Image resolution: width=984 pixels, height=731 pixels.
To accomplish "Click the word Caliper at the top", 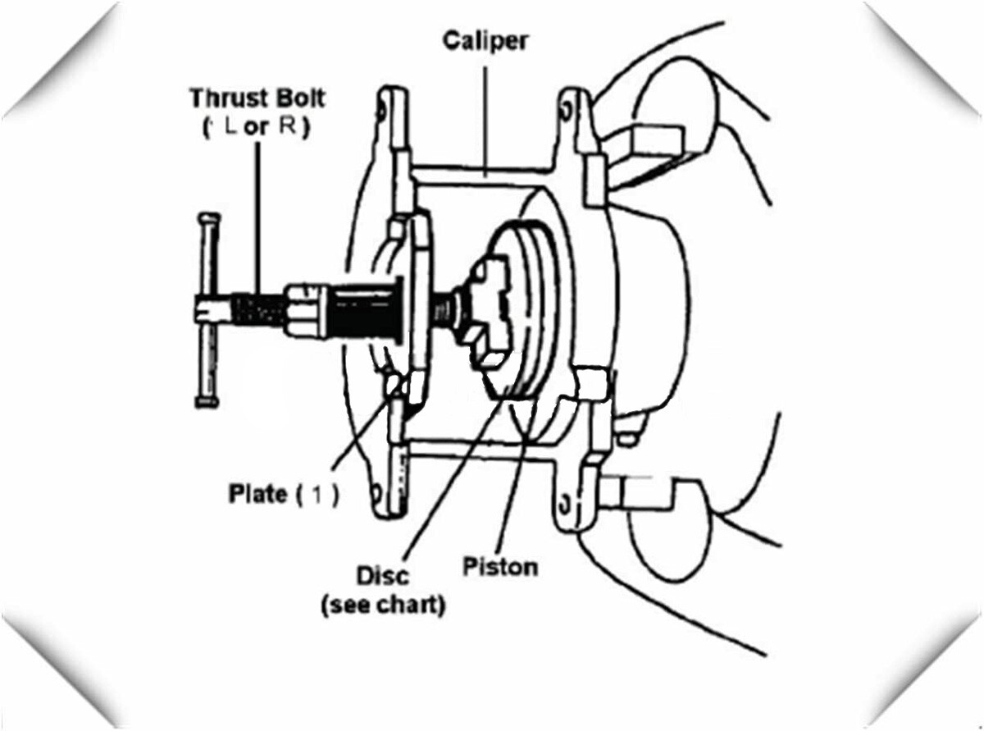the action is click(x=485, y=42).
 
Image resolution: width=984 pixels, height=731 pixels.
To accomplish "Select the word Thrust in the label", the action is click(x=225, y=98).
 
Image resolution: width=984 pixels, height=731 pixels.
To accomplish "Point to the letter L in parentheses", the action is click(x=230, y=127).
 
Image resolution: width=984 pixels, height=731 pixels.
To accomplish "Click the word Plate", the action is click(x=257, y=494).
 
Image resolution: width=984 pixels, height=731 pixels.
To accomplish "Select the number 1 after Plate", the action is click(x=317, y=495).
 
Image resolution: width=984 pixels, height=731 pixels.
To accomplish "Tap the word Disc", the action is click(x=382, y=575).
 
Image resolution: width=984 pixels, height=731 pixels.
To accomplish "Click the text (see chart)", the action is click(x=383, y=605).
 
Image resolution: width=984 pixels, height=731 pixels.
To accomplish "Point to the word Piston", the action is click(x=500, y=567).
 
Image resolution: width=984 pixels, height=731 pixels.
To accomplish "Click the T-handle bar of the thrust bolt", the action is click(x=207, y=310).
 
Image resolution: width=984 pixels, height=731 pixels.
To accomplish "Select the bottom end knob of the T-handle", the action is click(x=207, y=402).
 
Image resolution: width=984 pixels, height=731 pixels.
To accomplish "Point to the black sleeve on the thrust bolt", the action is click(x=365, y=311).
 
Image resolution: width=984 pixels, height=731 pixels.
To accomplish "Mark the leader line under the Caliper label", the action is click(x=485, y=121).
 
